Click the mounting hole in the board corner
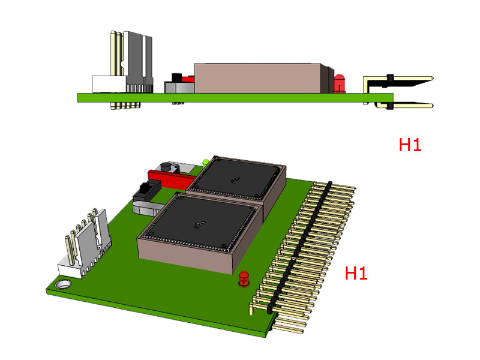coord(64,284)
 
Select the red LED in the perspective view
coord(244,278)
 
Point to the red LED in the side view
coord(340,83)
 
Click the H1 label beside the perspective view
coord(356,273)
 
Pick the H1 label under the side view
coord(410,145)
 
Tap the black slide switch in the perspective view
coord(147,191)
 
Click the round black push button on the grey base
coord(166,167)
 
